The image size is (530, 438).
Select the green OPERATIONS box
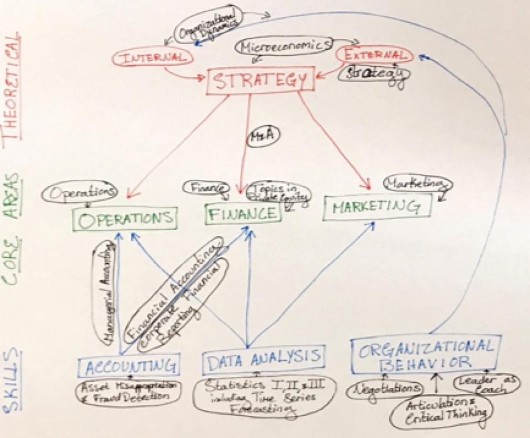click(126, 218)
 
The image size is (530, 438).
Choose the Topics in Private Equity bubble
click(278, 194)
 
